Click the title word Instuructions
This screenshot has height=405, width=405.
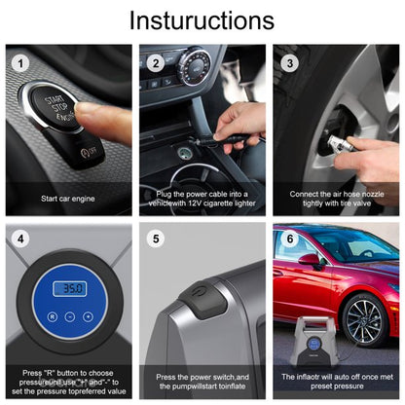pos(202,20)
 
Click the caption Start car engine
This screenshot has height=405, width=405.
pos(67,199)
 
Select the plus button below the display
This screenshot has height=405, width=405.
pos(88,317)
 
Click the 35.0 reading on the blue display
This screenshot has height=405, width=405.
pos(69,289)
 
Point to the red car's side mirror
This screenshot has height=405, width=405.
pos(310,260)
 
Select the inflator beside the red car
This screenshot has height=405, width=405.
pos(311,341)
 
